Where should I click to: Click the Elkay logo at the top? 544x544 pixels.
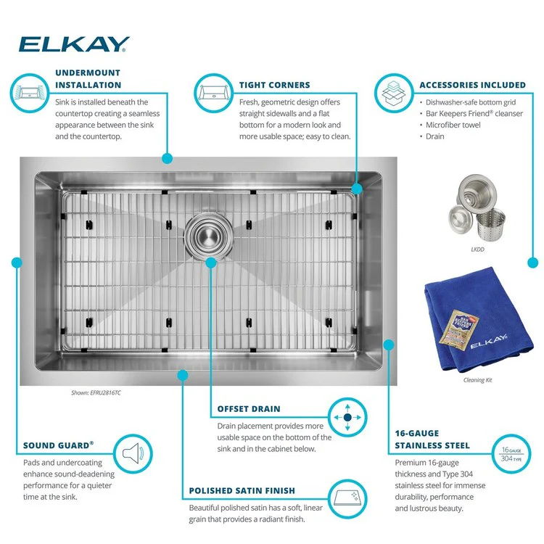click(x=74, y=44)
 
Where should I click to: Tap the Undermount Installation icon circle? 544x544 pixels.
click(x=30, y=93)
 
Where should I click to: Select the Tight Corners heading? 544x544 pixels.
click(x=274, y=85)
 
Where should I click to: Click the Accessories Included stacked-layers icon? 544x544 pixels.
click(x=394, y=93)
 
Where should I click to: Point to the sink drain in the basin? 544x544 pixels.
click(x=208, y=236)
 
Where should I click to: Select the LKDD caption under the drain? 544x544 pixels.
click(x=477, y=250)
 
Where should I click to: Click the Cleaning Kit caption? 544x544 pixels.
click(x=477, y=380)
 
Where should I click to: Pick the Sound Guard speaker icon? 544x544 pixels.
click(x=133, y=453)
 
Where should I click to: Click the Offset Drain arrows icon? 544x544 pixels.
click(x=347, y=417)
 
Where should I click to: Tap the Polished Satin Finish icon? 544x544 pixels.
click(x=347, y=499)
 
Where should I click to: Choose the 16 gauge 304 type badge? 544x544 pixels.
click(x=511, y=454)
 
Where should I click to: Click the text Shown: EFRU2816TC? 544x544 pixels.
click(x=96, y=392)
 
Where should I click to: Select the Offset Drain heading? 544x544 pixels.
click(x=249, y=409)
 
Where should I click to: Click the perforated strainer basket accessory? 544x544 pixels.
click(x=490, y=224)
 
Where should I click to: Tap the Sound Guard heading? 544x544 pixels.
click(x=58, y=445)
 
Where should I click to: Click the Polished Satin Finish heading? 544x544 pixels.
click(x=242, y=490)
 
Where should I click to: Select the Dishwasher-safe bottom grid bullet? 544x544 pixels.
click(x=468, y=102)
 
